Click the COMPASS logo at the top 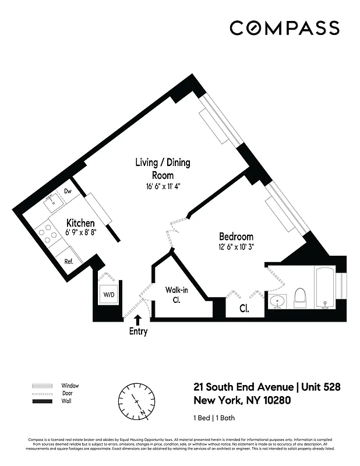pyautogui.click(x=284, y=28)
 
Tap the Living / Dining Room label pyautogui.click(x=163, y=168)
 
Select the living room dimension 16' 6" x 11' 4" pyautogui.click(x=163, y=187)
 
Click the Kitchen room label pyautogui.click(x=80, y=223)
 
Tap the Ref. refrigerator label pyautogui.click(x=68, y=262)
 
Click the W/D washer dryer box pyautogui.click(x=110, y=295)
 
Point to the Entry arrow pyautogui.click(x=137, y=319)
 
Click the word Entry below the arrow pyautogui.click(x=138, y=331)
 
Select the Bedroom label pyautogui.click(x=236, y=236)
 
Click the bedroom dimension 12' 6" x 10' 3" pyautogui.click(x=236, y=246)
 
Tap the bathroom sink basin pyautogui.click(x=277, y=302)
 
